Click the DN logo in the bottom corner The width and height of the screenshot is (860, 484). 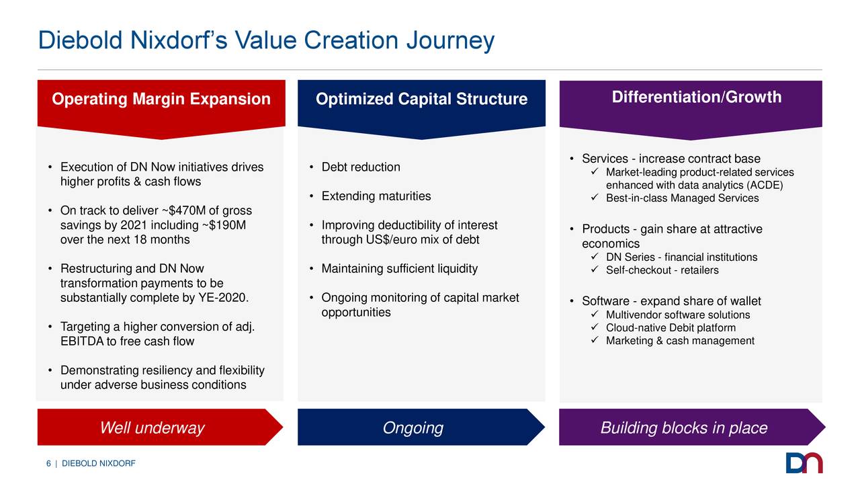[x=804, y=462]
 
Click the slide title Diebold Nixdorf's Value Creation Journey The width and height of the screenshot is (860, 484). [x=266, y=41]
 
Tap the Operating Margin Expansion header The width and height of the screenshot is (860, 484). [x=161, y=100]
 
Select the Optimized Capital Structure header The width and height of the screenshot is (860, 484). [x=421, y=100]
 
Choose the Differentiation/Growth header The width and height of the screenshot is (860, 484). [x=696, y=97]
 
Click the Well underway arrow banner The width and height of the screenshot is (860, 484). [x=152, y=428]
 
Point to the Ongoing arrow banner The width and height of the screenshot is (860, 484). [x=413, y=428]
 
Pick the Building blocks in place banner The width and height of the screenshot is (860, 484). [x=683, y=428]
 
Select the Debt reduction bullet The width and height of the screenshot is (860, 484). [x=360, y=167]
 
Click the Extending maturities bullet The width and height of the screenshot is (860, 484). [x=376, y=196]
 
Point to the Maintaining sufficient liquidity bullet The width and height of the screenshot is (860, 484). [x=399, y=269]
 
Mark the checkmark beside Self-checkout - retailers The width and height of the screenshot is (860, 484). [x=595, y=270]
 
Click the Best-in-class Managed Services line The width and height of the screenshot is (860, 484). [x=682, y=198]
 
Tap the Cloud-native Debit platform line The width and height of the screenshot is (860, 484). [x=671, y=328]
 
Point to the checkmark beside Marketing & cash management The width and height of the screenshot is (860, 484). [x=595, y=341]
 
